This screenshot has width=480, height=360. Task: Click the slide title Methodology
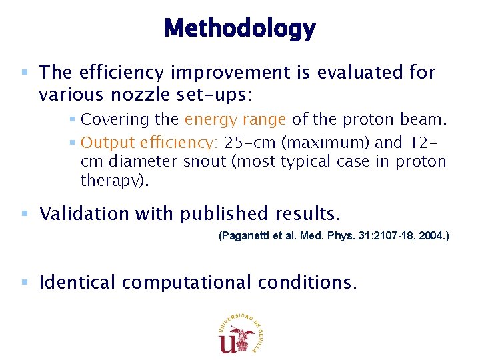239,28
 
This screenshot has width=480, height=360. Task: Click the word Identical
78,283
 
